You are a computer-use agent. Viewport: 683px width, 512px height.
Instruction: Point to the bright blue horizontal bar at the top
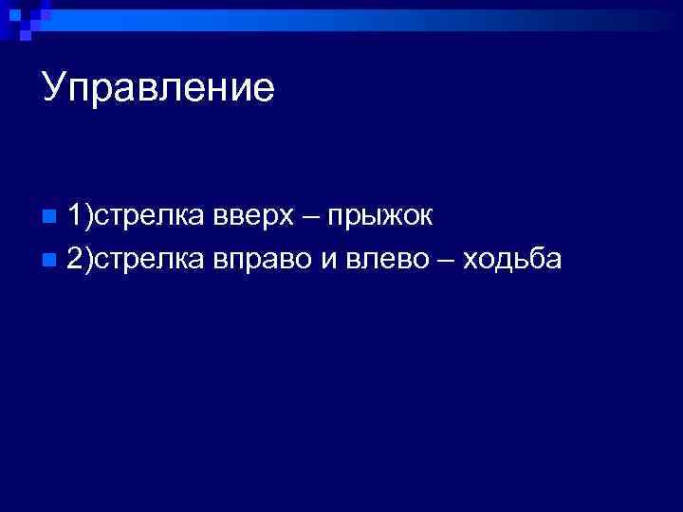[x=360, y=20]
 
